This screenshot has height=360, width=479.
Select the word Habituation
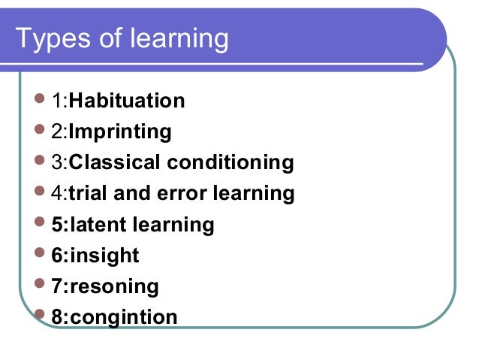127,101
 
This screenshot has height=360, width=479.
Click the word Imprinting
120,132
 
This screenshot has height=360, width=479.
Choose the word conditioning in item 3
230,162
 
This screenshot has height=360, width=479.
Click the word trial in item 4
87,193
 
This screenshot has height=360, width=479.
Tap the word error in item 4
180,193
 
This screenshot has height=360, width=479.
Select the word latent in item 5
98,225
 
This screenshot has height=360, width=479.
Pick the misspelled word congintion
123,317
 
